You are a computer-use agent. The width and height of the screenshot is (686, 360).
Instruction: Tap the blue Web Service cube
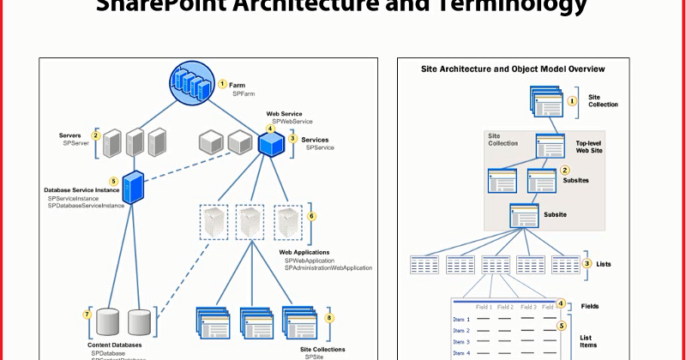(271, 144)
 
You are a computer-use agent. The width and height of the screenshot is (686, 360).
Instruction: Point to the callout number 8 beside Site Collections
(329, 317)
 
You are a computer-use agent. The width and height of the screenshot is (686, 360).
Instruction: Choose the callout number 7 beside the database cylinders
(87, 315)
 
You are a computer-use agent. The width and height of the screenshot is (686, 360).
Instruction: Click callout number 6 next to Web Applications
(312, 216)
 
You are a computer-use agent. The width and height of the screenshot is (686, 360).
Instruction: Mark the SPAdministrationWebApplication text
(328, 268)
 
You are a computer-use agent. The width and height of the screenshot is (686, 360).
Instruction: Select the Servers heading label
(70, 135)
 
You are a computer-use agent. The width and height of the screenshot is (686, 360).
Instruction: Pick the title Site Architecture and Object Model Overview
(513, 68)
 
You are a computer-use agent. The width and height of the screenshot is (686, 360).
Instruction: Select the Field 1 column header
(484, 306)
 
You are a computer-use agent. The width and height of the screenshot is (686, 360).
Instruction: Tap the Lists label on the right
(604, 264)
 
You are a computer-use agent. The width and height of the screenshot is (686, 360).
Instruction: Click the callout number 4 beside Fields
(560, 303)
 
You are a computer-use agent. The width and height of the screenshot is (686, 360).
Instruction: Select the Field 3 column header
(527, 306)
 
